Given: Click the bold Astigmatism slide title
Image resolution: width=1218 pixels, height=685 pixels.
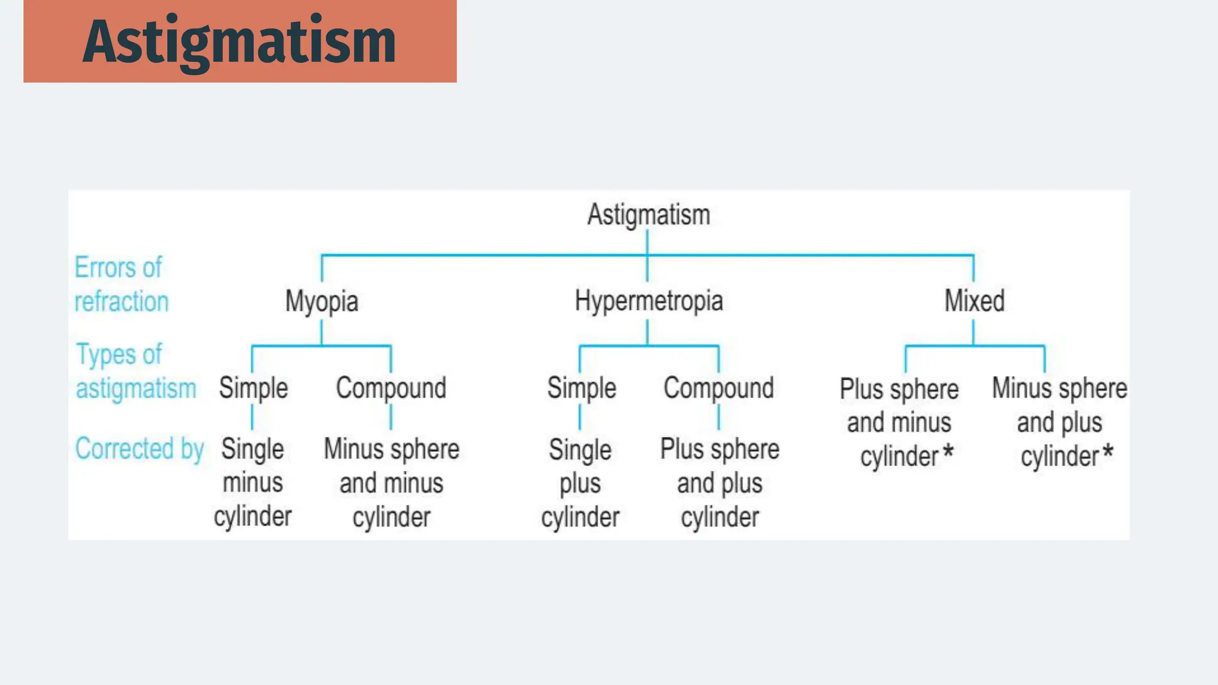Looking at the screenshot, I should (x=239, y=42).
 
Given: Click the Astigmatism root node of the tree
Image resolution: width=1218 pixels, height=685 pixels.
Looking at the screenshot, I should (x=648, y=215).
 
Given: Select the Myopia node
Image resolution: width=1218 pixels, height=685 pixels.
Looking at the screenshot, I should (x=322, y=301).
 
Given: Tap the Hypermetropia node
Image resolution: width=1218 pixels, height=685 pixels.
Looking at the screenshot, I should (x=648, y=301).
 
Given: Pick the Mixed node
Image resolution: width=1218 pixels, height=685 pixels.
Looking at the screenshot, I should (x=974, y=301).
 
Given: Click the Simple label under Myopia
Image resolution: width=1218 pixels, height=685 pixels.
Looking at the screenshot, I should (x=253, y=388).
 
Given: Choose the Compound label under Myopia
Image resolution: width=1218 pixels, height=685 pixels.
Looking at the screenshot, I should (x=391, y=388).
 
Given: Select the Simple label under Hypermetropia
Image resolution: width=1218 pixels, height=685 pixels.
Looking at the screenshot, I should (x=581, y=388).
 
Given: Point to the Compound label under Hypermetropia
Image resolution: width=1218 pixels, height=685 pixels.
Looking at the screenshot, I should (x=718, y=388).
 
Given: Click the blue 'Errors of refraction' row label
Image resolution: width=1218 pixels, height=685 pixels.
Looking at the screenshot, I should (x=121, y=285).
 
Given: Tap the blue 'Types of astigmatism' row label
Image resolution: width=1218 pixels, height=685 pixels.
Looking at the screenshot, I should (x=136, y=372).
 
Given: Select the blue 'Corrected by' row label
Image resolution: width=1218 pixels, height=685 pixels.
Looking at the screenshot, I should (x=139, y=449).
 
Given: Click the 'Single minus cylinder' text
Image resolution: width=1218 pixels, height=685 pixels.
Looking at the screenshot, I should (x=253, y=483).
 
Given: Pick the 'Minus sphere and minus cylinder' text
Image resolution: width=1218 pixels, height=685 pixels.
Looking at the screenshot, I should (x=391, y=483).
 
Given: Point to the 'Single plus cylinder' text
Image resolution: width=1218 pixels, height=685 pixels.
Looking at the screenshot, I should (x=580, y=483).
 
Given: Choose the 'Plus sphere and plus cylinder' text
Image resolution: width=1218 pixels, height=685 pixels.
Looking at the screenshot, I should (x=720, y=483).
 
